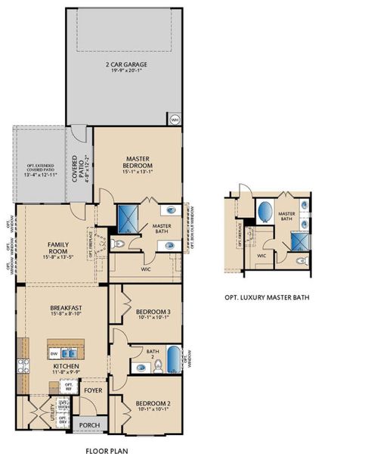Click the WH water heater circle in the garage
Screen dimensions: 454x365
pyautogui.click(x=175, y=120)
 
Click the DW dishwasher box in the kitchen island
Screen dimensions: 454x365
pyautogui.click(x=54, y=353)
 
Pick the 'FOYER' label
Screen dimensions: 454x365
pyautogui.click(x=92, y=391)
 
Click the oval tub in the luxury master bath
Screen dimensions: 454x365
pyautogui.click(x=265, y=210)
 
